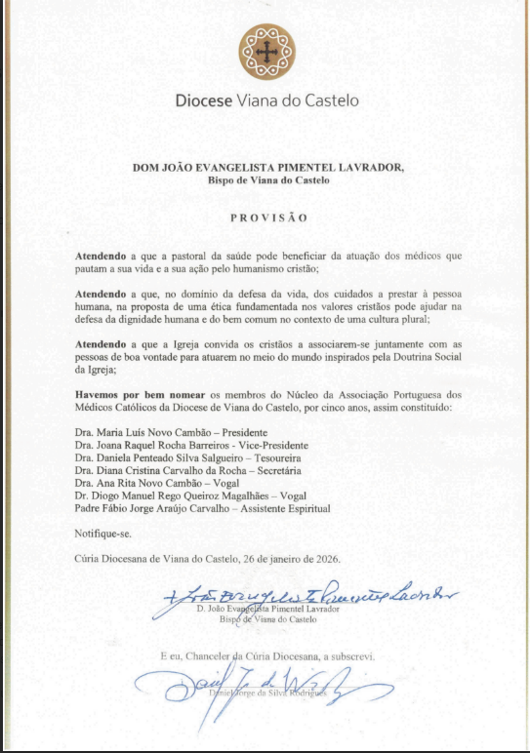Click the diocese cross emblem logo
265,51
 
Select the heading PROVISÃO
267,218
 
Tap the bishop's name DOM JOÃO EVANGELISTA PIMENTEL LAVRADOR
267,167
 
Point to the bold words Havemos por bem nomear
132,391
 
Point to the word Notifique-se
102,534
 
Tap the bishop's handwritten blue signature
312,594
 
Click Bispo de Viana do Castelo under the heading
267,179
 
